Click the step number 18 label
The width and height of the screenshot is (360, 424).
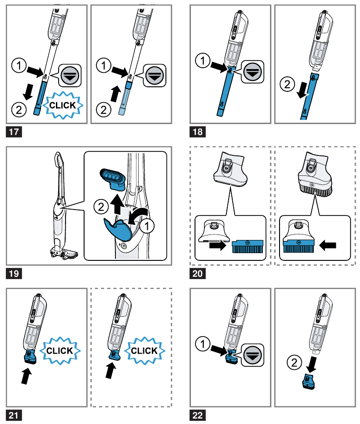click(199, 133)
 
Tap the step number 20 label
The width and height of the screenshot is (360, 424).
click(199, 274)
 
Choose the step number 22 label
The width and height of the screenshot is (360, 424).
click(199, 415)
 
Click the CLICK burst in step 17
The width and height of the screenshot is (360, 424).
click(66, 105)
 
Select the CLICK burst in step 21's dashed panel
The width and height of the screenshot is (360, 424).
click(144, 350)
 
